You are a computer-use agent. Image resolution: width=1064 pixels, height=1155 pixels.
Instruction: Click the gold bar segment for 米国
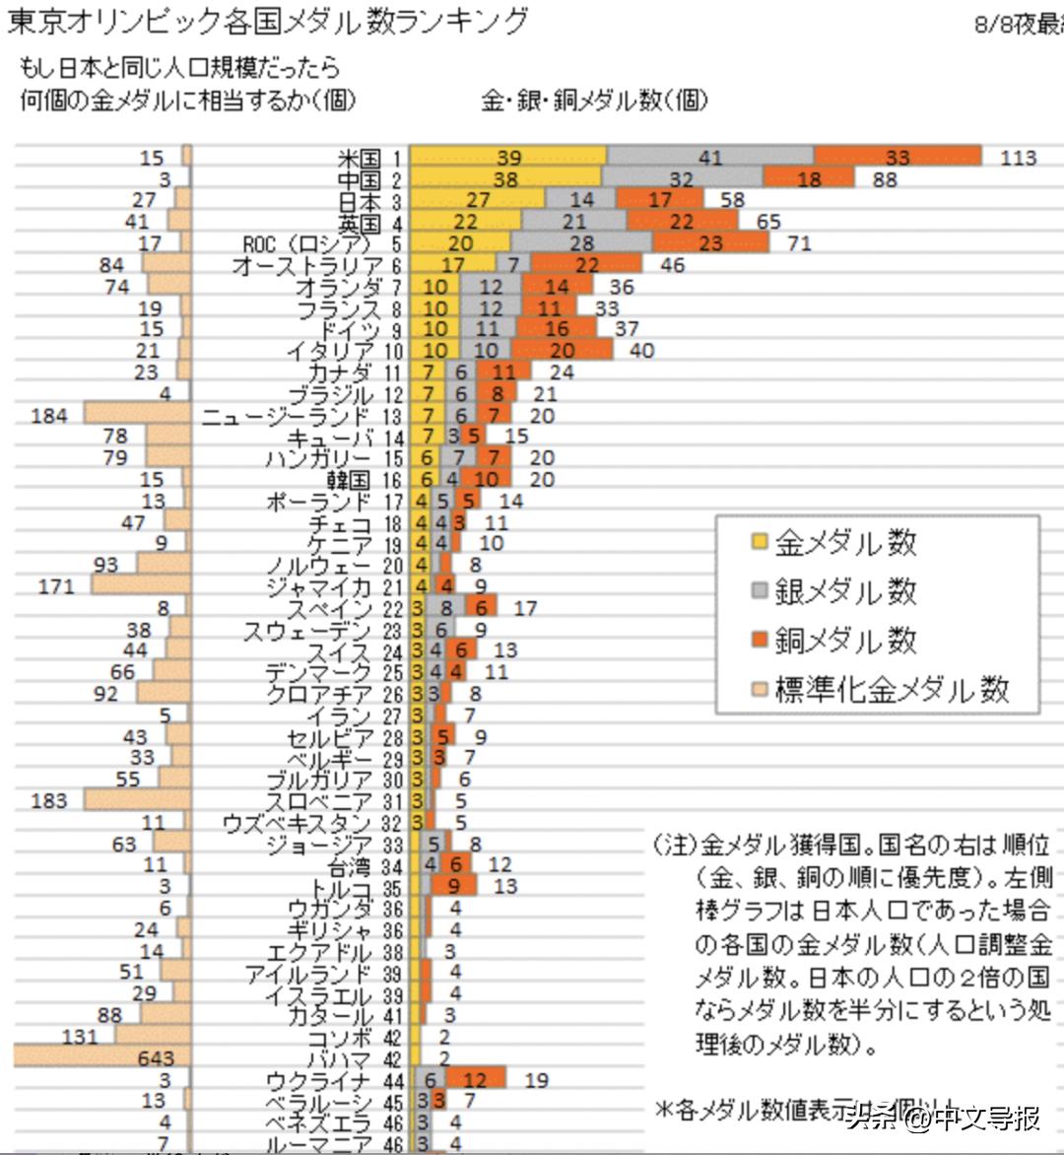pyautogui.click(x=508, y=158)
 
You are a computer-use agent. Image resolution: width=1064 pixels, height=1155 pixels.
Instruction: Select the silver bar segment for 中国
pyautogui.click(x=682, y=179)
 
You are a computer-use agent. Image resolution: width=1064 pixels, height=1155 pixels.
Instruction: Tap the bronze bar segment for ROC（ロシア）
pyautogui.click(x=710, y=243)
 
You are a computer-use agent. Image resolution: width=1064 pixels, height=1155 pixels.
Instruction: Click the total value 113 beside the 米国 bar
pyautogui.click(x=1018, y=158)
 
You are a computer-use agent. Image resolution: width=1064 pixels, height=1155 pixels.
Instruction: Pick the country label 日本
pyautogui.click(x=358, y=201)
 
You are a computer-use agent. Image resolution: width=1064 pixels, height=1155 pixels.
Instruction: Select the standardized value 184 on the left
pyautogui.click(x=49, y=416)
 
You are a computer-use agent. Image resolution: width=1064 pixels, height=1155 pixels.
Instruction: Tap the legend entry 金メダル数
pyautogui.click(x=845, y=542)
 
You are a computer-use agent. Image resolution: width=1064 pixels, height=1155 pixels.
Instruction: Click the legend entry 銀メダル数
pyautogui.click(x=845, y=591)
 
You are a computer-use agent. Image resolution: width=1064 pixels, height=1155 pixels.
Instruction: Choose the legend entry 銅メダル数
pyautogui.click(x=845, y=640)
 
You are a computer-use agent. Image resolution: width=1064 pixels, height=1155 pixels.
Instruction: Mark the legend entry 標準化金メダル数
pyautogui.click(x=892, y=689)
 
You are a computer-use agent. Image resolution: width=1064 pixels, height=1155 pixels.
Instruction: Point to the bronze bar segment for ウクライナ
pyautogui.click(x=476, y=1080)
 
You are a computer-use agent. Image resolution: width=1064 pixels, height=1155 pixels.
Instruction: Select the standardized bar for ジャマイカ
pyautogui.click(x=141, y=586)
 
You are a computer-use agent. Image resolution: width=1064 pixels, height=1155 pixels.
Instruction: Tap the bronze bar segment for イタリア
pyautogui.click(x=563, y=351)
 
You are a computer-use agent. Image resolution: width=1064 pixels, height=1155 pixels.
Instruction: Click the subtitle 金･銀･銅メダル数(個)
pyautogui.click(x=593, y=101)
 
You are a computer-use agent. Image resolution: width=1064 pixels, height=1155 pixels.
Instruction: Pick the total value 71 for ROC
pyautogui.click(x=799, y=243)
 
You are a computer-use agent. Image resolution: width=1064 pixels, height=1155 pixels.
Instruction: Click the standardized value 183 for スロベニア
pyautogui.click(x=49, y=801)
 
